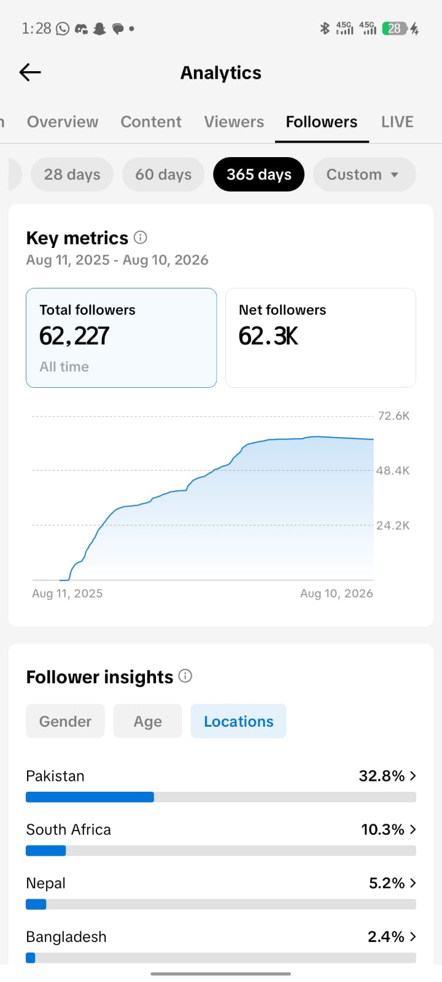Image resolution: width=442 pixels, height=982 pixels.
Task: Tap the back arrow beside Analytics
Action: pyautogui.click(x=30, y=72)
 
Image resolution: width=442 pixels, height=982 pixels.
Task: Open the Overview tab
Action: pyautogui.click(x=63, y=122)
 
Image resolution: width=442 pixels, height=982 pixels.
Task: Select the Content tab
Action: pyautogui.click(x=151, y=122)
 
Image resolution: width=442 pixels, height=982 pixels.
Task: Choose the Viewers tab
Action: pyautogui.click(x=234, y=122)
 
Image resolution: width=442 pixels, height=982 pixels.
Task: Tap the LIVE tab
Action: pyautogui.click(x=397, y=122)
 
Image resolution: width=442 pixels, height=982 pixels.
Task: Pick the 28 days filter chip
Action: pyautogui.click(x=72, y=174)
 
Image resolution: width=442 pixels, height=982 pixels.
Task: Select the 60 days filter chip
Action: pyautogui.click(x=163, y=174)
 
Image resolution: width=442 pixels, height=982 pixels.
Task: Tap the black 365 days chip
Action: pyautogui.click(x=258, y=174)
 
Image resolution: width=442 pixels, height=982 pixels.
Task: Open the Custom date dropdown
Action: pyautogui.click(x=364, y=174)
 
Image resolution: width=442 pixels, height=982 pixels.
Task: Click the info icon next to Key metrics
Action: pyautogui.click(x=141, y=238)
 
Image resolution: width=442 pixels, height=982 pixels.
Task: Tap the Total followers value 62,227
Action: pyautogui.click(x=74, y=336)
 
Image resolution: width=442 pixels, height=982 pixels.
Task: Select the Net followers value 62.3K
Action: pyautogui.click(x=268, y=336)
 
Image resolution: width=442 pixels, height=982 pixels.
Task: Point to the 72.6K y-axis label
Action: pyautogui.click(x=394, y=416)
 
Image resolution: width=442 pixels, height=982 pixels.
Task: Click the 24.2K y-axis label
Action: pyautogui.click(x=393, y=525)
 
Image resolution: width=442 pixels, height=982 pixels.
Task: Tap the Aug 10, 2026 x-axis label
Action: pyautogui.click(x=337, y=593)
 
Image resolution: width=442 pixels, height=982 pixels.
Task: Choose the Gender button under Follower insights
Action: pyautogui.click(x=65, y=721)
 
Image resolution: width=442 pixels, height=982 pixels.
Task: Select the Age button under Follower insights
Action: pyautogui.click(x=148, y=721)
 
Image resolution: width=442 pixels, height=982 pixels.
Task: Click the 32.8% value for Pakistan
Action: pyautogui.click(x=381, y=776)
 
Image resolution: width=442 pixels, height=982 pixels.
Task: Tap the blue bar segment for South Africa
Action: pyautogui.click(x=46, y=851)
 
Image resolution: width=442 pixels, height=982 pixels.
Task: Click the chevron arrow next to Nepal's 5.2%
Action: pyautogui.click(x=413, y=883)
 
